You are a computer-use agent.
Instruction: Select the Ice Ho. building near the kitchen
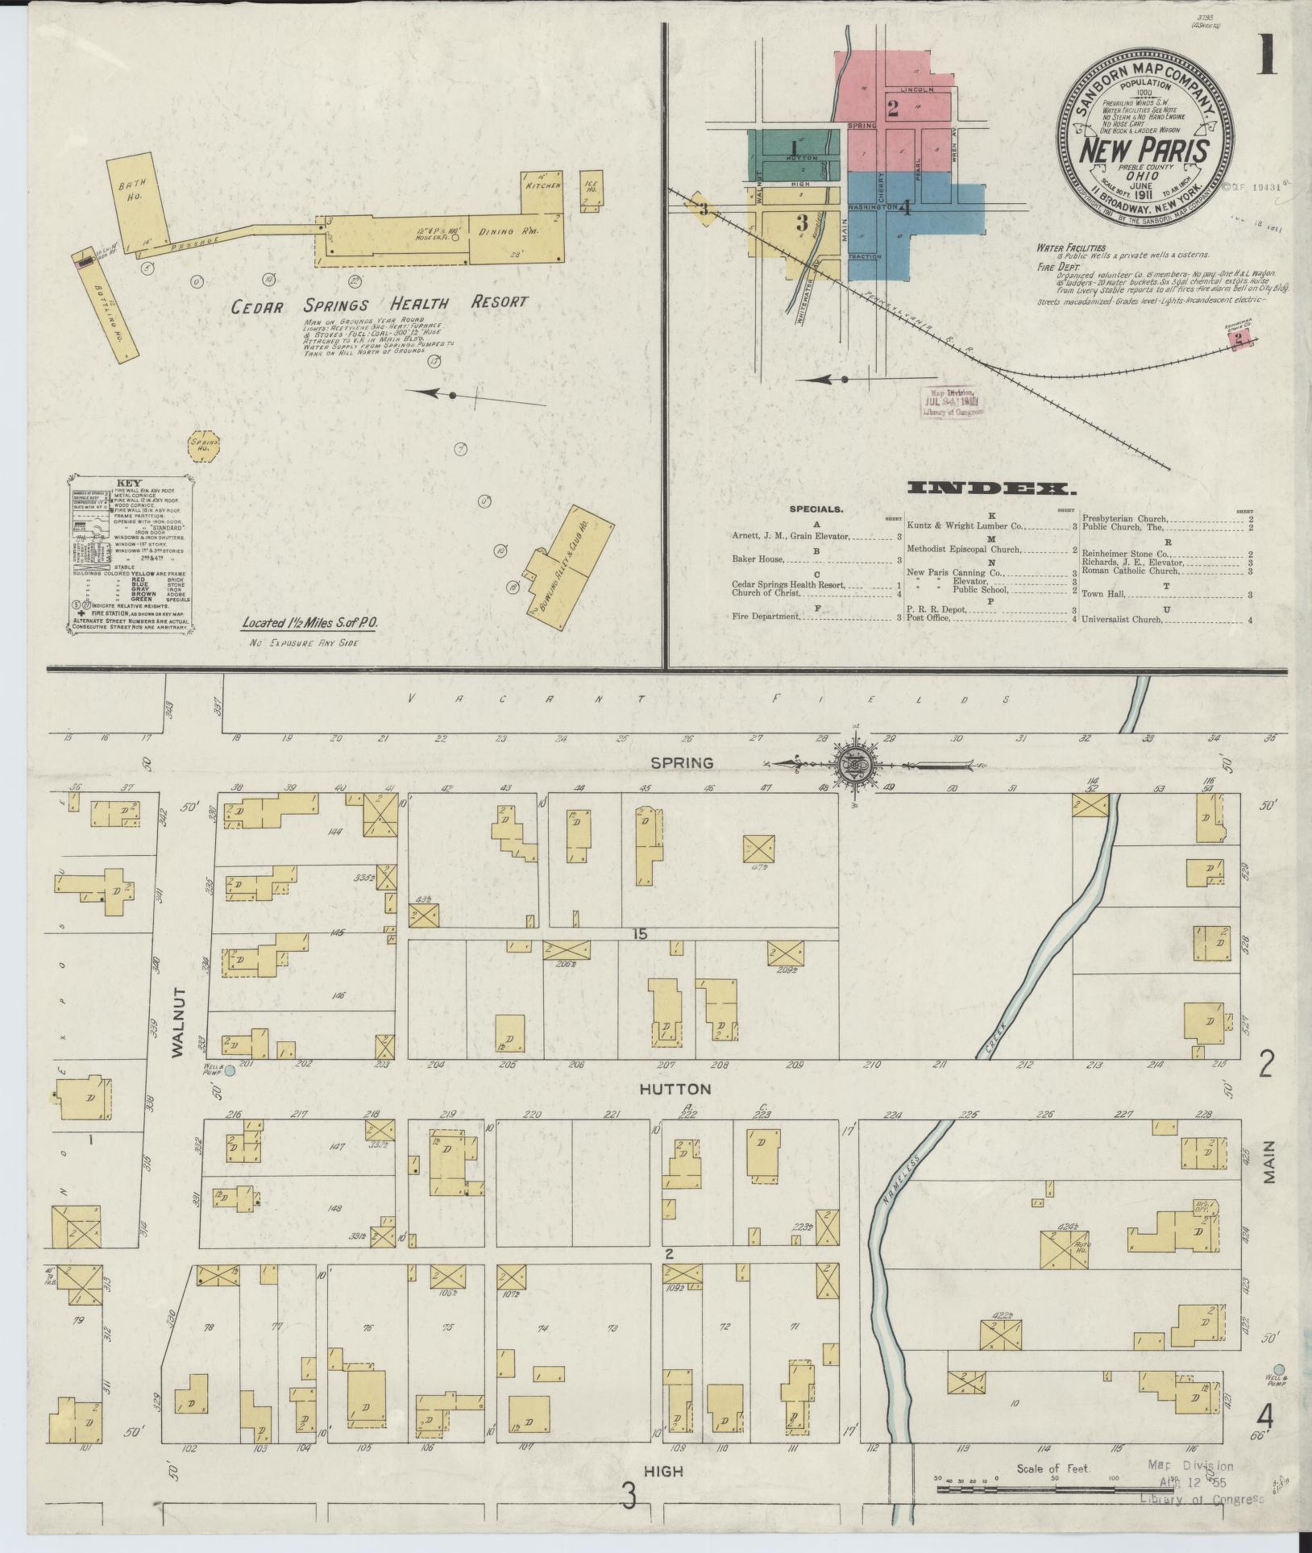point(592,190)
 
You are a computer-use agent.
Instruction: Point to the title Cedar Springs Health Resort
point(380,305)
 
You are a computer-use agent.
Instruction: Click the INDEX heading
point(990,488)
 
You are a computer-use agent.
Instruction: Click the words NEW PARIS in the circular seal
point(1144,151)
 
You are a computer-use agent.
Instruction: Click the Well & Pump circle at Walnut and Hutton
point(229,1071)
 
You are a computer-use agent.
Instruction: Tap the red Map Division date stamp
point(954,401)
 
